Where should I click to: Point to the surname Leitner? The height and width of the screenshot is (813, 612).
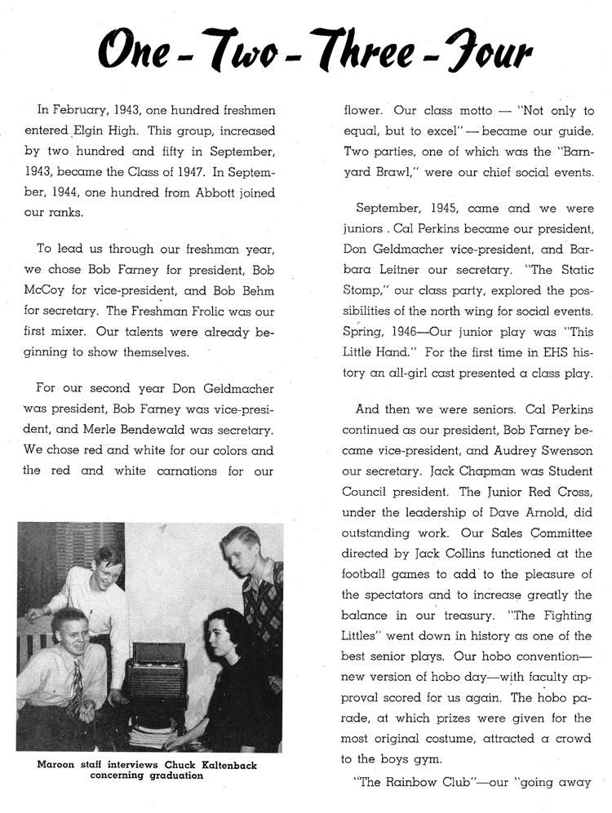tap(384, 270)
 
